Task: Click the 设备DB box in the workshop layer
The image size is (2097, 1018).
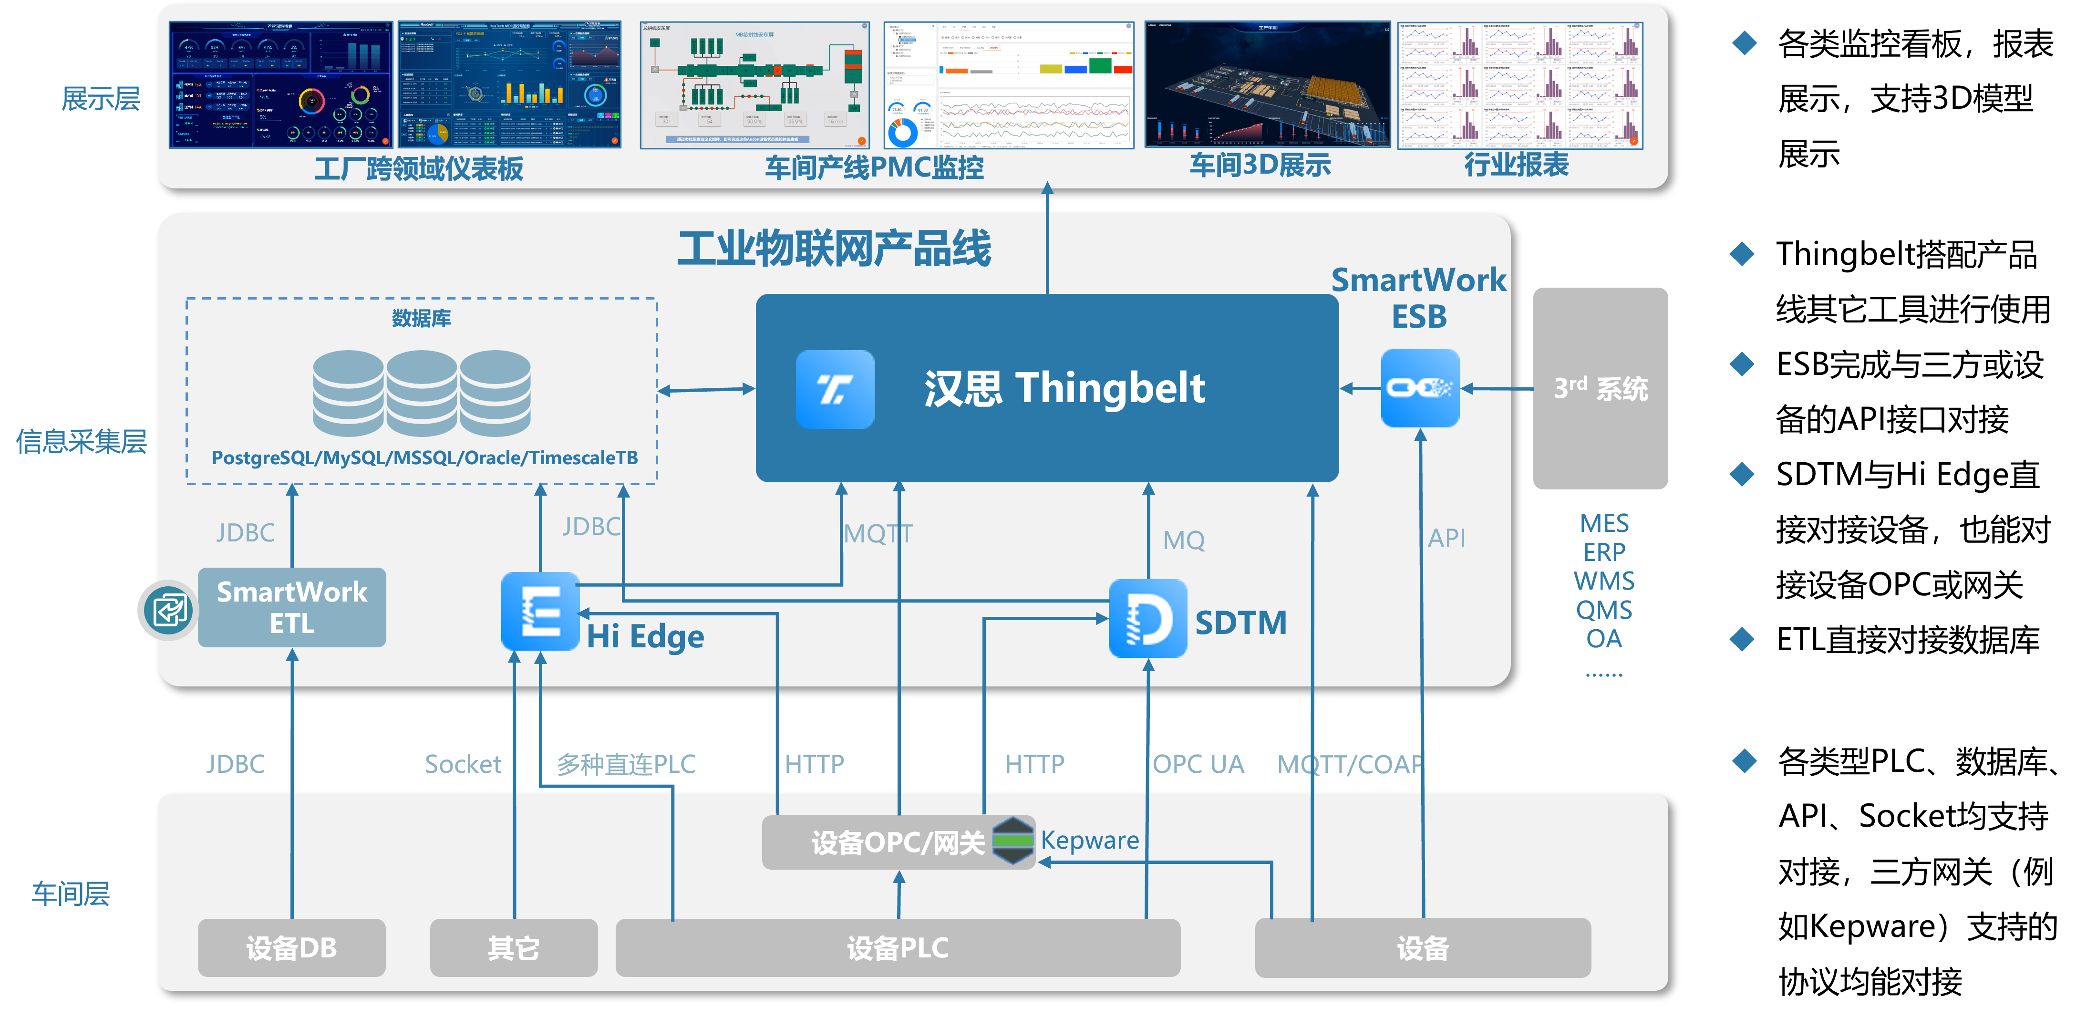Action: coord(291,947)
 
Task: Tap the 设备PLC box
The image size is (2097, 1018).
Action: coord(897,947)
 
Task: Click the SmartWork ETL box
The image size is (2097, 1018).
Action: coord(291,608)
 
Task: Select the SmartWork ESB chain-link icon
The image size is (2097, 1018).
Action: coord(1420,388)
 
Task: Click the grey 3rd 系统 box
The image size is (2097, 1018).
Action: coord(1601,388)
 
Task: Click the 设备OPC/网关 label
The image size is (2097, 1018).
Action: coord(897,842)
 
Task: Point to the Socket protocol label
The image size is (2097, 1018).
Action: coord(463,764)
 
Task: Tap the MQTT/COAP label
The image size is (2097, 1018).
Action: coord(1350,764)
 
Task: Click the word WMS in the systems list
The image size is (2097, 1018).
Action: coord(1604,581)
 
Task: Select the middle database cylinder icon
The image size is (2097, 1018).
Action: coord(422,393)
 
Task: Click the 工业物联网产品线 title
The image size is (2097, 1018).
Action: coord(835,249)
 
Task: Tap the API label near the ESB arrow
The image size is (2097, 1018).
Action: coord(1446,538)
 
